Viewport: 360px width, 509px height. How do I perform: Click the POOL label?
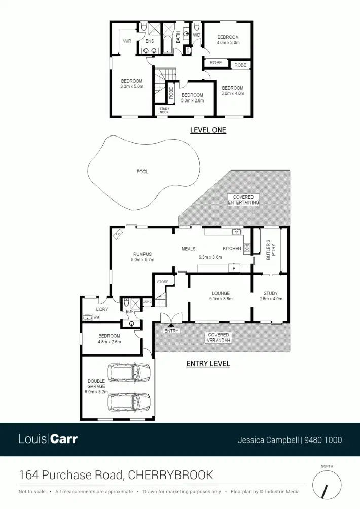[x=142, y=172]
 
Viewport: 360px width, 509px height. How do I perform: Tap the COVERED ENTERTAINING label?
[x=243, y=200]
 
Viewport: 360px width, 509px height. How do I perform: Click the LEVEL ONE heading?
[x=208, y=130]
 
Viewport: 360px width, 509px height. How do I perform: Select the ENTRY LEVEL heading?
[x=208, y=364]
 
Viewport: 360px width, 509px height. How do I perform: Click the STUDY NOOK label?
[x=164, y=110]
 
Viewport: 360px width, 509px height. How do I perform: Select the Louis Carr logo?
[x=48, y=439]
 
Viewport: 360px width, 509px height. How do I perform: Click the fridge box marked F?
[x=234, y=268]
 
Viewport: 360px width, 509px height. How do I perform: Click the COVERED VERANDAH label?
[x=219, y=337]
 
